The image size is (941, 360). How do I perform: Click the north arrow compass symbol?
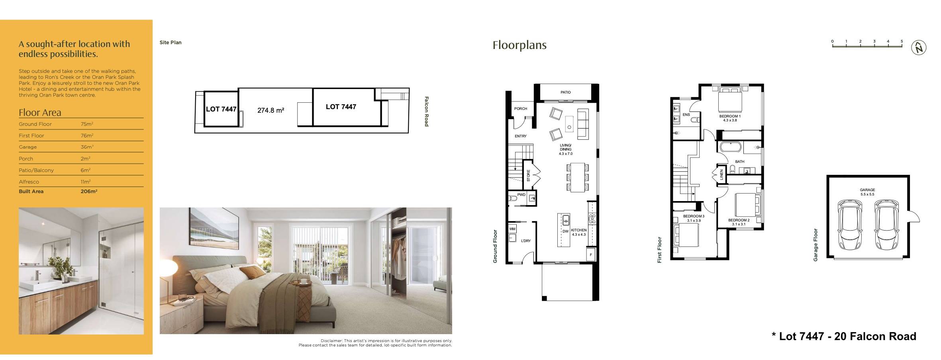coord(919,48)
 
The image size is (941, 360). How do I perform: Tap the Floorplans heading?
coord(520,45)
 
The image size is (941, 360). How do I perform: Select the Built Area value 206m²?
coord(89,192)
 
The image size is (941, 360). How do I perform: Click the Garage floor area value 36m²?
coord(87,147)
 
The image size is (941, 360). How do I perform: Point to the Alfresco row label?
coord(29,182)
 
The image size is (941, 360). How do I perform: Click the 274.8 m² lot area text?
coord(271,110)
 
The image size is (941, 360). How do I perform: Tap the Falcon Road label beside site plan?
coord(426,112)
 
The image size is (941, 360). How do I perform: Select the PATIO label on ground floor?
coord(565,92)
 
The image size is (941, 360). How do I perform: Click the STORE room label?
coord(529,176)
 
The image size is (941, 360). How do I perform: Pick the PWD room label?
coord(521,195)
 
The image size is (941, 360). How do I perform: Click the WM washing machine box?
coord(512,229)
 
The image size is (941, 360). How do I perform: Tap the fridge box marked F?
coord(591,254)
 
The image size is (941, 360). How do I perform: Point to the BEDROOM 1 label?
coord(730,116)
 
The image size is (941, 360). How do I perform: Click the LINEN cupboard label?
coord(721,175)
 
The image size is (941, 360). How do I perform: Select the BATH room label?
coord(739,162)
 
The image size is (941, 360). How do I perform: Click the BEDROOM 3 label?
coord(694,216)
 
